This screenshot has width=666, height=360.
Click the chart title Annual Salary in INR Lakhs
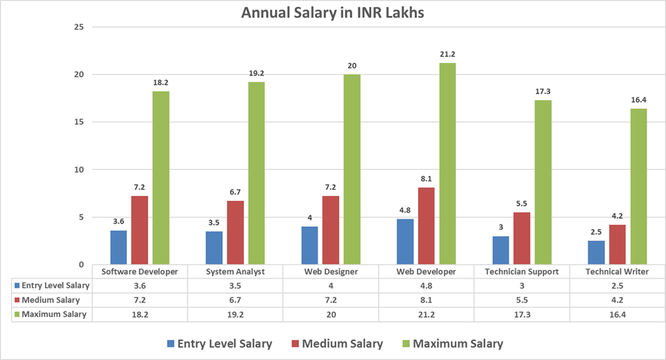click(x=332, y=12)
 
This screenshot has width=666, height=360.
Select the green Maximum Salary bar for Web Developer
click(x=447, y=163)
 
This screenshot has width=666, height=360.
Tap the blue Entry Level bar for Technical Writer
click(x=597, y=253)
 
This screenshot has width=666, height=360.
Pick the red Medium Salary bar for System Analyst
click(x=235, y=233)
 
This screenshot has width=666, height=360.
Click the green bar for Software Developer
click(x=161, y=178)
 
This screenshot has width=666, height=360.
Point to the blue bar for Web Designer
click(x=309, y=245)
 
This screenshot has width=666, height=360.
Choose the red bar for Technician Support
click(x=522, y=238)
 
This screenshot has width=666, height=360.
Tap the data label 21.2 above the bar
click(x=447, y=54)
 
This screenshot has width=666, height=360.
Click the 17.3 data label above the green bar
click(x=543, y=91)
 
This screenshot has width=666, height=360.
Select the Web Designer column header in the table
click(x=330, y=271)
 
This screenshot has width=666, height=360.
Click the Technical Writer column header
click(x=618, y=271)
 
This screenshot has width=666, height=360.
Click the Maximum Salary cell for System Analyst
click(x=235, y=314)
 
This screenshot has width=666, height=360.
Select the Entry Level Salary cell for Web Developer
click(x=426, y=285)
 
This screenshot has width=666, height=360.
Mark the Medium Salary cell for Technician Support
click(x=522, y=300)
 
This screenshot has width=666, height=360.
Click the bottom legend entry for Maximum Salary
click(x=451, y=343)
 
